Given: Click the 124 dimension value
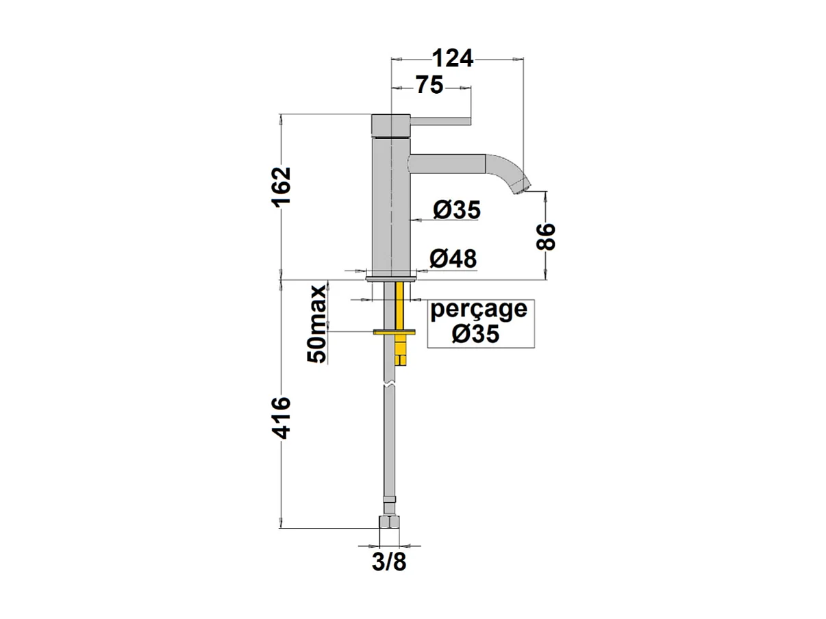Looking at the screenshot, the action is click(x=452, y=58).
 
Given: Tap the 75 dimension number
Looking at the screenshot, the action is click(x=429, y=85).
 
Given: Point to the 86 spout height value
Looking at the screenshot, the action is click(x=546, y=236).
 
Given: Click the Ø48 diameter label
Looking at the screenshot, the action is click(x=453, y=259).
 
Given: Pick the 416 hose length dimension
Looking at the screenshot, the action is click(x=281, y=418).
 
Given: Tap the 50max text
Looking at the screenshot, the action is click(x=316, y=324).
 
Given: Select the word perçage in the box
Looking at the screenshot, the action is click(x=479, y=310).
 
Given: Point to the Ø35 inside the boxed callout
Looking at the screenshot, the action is click(x=475, y=333).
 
